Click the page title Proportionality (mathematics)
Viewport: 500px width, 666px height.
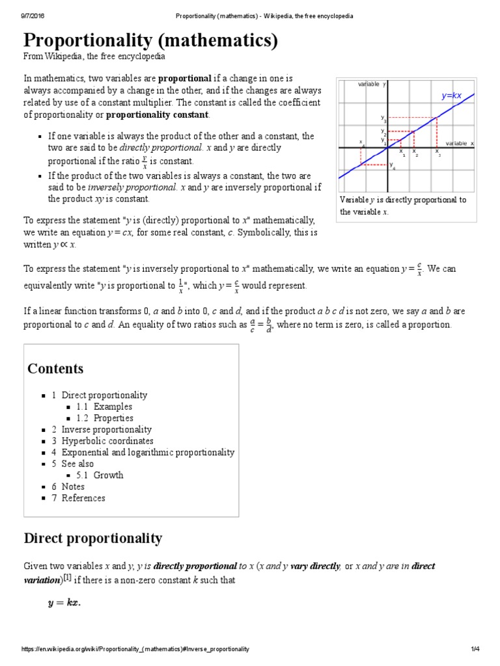click(151, 41)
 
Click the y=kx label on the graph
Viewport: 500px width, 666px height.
click(451, 96)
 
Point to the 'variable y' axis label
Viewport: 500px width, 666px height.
click(372, 85)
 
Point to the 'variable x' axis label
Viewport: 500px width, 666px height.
click(460, 143)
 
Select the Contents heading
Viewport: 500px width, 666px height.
click(55, 369)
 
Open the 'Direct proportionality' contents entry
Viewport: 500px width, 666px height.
click(104, 395)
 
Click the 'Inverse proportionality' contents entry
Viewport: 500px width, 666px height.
click(106, 430)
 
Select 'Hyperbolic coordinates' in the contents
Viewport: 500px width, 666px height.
click(107, 441)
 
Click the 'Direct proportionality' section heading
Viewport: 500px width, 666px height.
click(93, 539)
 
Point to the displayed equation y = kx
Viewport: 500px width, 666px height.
click(64, 603)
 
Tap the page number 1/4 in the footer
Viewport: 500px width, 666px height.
click(475, 649)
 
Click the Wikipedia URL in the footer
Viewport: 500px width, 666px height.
click(135, 649)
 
